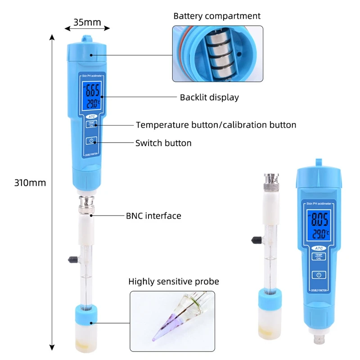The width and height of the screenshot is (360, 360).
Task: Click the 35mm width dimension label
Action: pos(87,21)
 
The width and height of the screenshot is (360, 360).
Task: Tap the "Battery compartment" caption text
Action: pos(217,16)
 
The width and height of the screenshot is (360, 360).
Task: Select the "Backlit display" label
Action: pos(209,97)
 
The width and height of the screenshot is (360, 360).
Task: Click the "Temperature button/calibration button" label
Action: pos(216,125)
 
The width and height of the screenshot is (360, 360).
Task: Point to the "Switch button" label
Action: pos(163,143)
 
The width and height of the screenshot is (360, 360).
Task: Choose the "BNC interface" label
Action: pos(153,216)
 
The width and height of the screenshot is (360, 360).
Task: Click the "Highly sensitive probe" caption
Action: pos(174,282)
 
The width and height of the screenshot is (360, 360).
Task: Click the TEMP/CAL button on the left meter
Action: pos(91,125)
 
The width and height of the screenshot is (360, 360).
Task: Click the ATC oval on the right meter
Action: pos(319,247)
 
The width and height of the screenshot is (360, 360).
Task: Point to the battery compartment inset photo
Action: pos(217,54)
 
